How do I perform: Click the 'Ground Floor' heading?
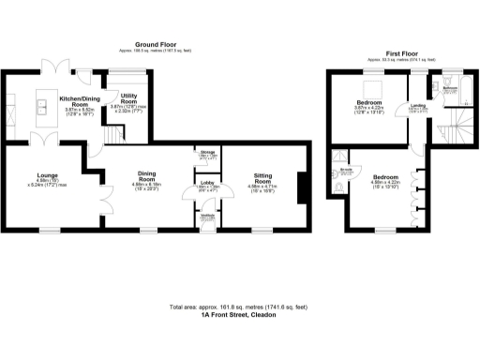point(157,44)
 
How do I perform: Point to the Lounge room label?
point(48,174)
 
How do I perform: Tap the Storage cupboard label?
point(207,154)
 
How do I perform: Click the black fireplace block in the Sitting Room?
point(300,187)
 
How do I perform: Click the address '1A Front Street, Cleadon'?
point(239,316)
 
